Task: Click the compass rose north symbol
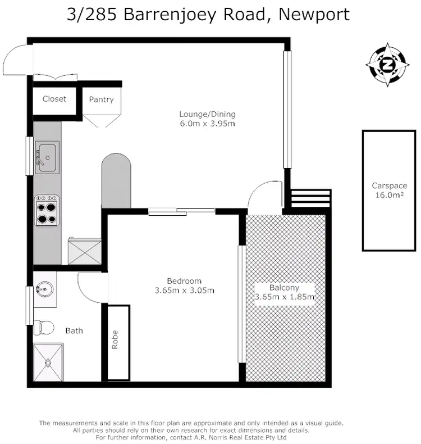pyautogui.click(x=388, y=65)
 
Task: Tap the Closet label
pyautogui.click(x=54, y=99)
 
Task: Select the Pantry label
pyautogui.click(x=101, y=99)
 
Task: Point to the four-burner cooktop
pyautogui.click(x=47, y=210)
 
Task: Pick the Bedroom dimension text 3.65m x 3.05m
pyautogui.click(x=184, y=291)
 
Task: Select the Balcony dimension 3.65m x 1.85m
pyautogui.click(x=284, y=297)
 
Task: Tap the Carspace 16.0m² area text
pyautogui.click(x=389, y=196)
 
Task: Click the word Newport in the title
pyautogui.click(x=316, y=13)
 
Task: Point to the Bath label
pyautogui.click(x=74, y=330)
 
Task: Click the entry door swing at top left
pyautogui.click(x=15, y=61)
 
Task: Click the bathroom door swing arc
pyautogui.click(x=90, y=288)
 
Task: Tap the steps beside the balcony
pyautogui.click(x=310, y=198)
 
